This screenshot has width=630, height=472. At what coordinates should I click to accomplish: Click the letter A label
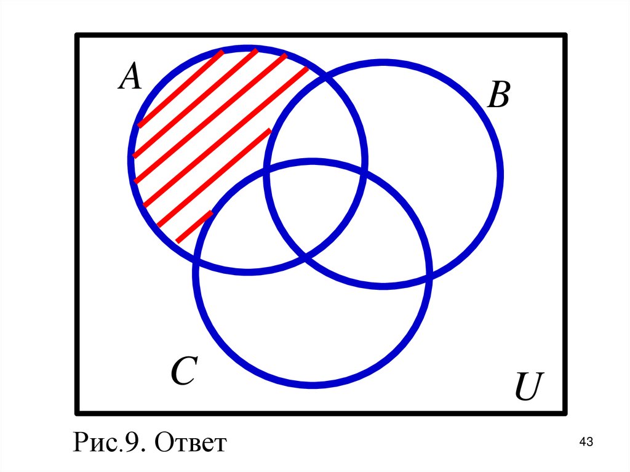(130, 78)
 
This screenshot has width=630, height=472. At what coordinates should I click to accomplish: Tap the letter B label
(498, 97)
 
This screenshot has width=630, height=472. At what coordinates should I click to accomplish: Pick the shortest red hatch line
(194, 226)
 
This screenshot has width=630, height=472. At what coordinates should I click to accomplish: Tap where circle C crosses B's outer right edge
(428, 277)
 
